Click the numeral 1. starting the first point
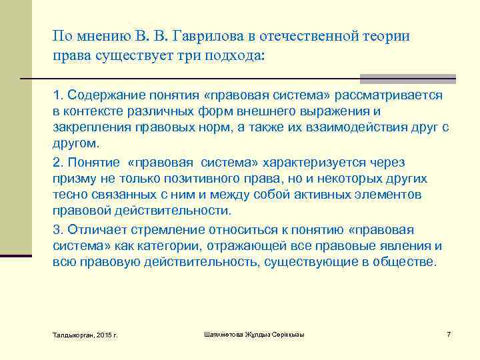tap(57, 95)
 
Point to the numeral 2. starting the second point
tap(57, 162)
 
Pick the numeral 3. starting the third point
tap(57, 229)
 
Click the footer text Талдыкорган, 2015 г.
tap(85, 334)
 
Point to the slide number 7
tap(449, 333)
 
